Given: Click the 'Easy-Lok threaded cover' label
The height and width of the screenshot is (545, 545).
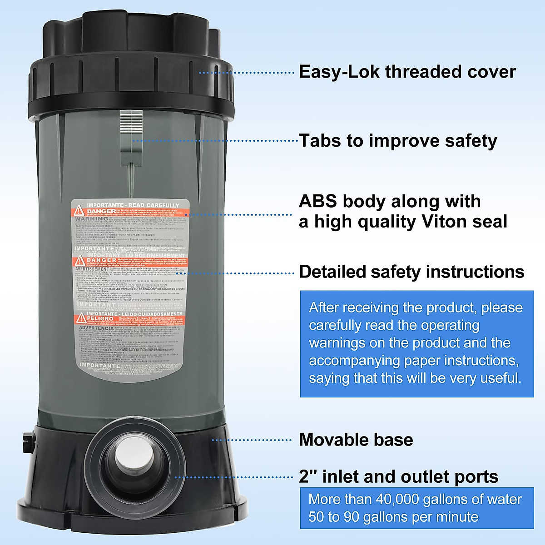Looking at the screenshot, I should pos(407,72).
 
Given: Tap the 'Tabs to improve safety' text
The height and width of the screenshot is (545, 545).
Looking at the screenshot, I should pos(398,141).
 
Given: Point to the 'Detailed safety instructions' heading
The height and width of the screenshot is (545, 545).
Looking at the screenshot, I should pos(411,272).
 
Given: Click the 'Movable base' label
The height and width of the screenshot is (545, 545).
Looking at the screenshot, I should pos(356,440).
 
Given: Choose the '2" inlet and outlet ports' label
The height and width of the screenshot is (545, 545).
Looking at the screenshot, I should pos(398,477).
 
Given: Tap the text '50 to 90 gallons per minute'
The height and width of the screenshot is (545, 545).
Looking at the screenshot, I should pos(393,517).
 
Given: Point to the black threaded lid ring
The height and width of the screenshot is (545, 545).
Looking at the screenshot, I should pos(132,84).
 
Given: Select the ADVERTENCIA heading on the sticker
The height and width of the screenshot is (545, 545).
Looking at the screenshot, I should pos(96,328).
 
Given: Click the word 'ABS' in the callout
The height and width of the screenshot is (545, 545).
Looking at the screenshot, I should pos(317,201).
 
